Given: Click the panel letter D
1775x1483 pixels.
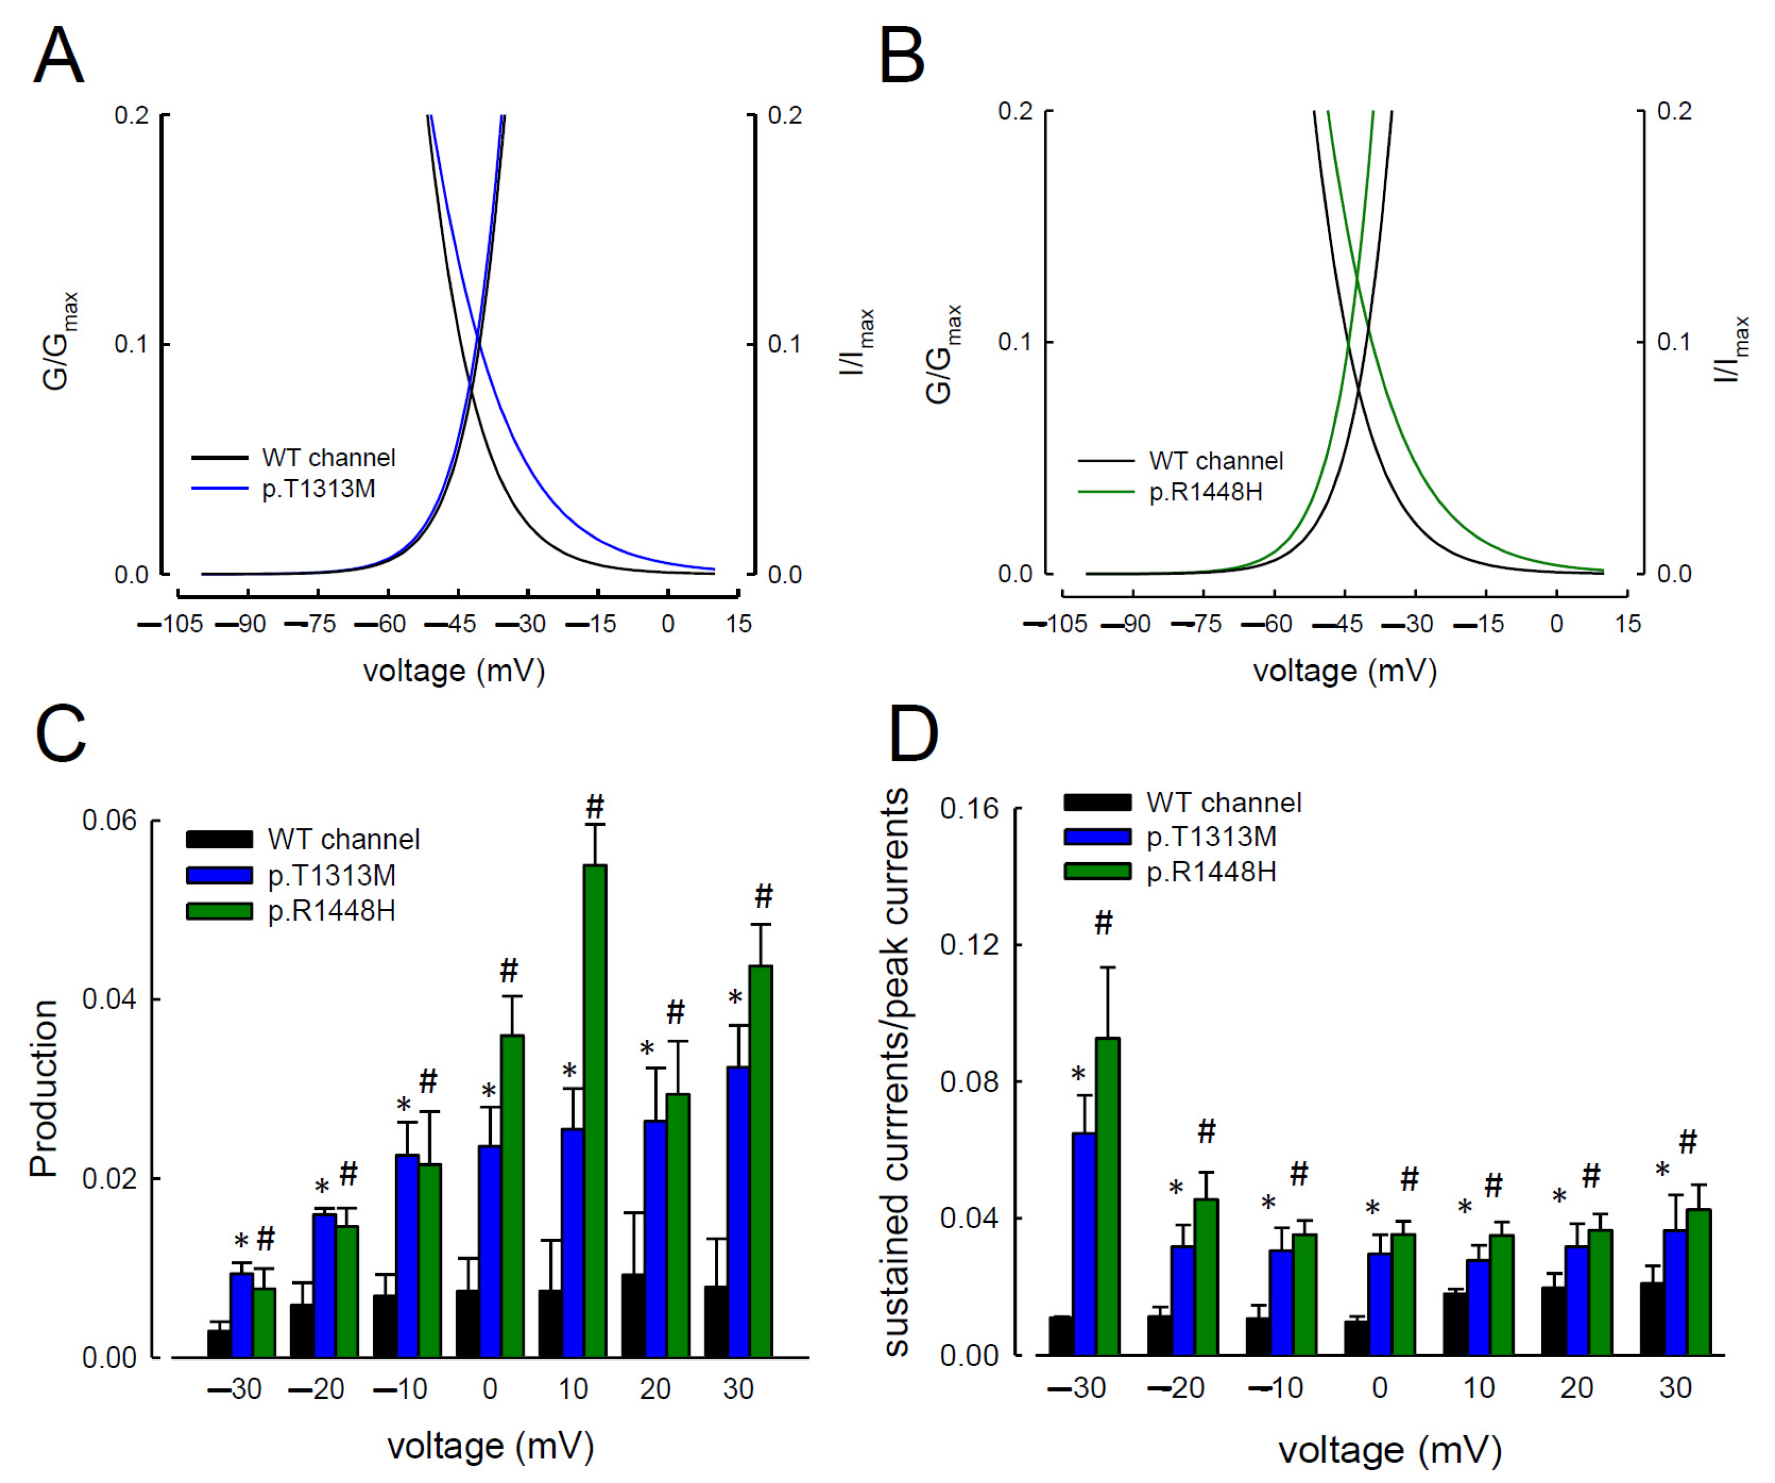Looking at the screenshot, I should tap(914, 735).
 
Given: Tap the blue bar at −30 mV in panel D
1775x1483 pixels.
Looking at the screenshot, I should tap(1084, 1243).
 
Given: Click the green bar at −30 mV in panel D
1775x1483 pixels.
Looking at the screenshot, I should tap(1107, 1196).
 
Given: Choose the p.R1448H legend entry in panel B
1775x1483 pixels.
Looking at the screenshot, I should tap(1204, 492).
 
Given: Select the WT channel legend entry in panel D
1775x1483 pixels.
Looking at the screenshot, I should tap(1223, 802).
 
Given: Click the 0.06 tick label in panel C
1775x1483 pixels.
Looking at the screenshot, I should tap(109, 820).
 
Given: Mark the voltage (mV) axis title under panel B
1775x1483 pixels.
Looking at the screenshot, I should tap(1344, 671).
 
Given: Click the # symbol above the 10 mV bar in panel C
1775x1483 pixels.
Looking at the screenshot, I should tap(595, 806).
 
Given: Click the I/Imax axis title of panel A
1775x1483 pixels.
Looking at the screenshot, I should tap(857, 342).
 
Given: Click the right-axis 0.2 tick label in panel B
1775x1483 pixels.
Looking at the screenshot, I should tap(1674, 112).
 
